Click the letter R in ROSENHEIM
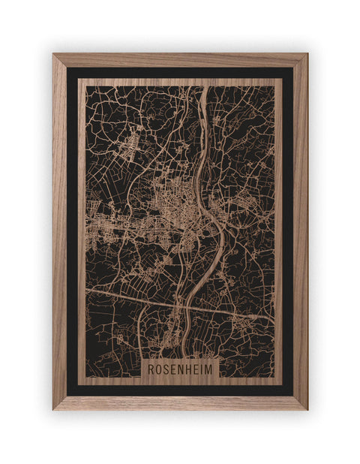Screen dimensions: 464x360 151,369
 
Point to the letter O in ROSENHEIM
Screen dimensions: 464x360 158,369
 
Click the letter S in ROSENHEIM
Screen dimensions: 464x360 166,369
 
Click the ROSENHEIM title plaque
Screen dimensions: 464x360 180,369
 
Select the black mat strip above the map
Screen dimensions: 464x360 180,73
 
